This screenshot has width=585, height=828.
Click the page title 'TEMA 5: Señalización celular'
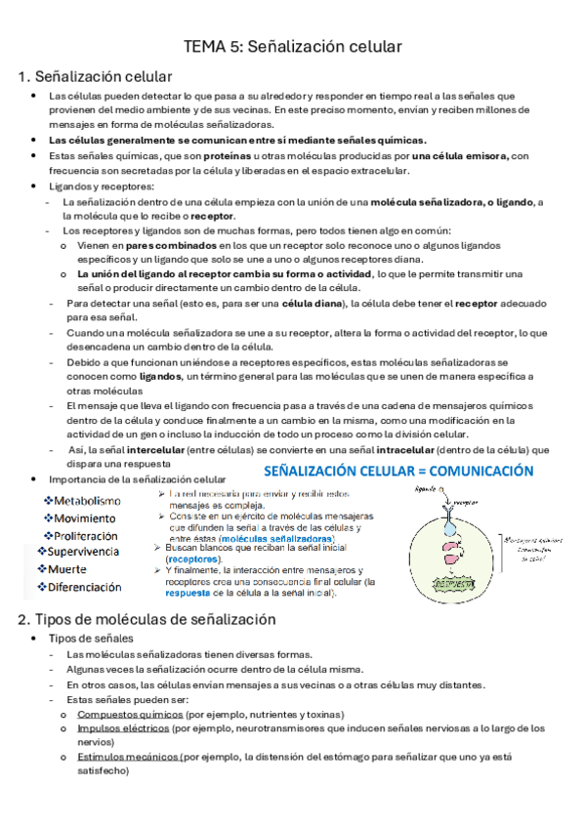coord(293,46)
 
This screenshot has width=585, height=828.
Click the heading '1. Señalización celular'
coord(95,76)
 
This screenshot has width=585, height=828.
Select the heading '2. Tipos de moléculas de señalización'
coord(146,619)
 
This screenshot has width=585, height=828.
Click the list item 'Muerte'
coord(67,569)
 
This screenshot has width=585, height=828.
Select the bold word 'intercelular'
coord(143,449)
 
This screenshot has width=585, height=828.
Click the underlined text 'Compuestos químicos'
coord(122,715)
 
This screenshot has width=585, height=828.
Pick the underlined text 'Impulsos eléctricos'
coord(122,728)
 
